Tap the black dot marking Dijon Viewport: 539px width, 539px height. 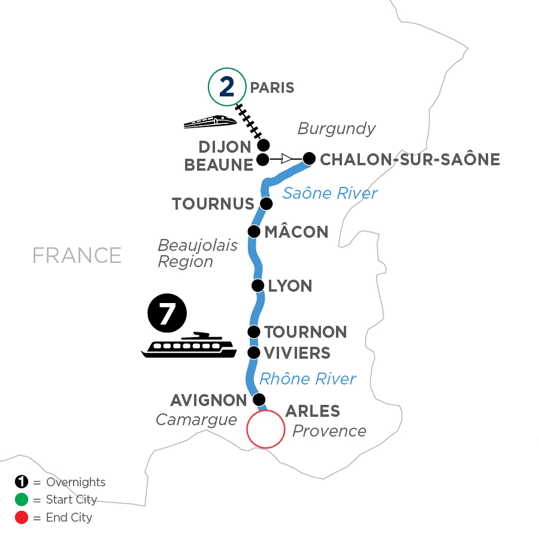click(262, 145)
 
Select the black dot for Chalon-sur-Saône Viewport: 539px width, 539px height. click(308, 159)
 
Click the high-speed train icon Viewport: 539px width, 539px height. click(210, 122)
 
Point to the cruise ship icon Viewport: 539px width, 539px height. click(189, 346)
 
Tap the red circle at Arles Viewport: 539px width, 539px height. click(265, 429)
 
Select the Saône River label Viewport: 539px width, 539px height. click(330, 193)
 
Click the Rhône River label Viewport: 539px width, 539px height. click(307, 378)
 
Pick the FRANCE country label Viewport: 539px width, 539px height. click(77, 255)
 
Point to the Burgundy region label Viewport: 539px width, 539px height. click(337, 129)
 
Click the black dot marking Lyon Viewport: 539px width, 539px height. click(258, 285)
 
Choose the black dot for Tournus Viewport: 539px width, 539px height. click(266, 204)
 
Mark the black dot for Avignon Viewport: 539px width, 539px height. click(259, 399)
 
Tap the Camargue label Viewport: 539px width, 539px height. click(196, 420)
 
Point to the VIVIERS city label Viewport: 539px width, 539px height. click(297, 353)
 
